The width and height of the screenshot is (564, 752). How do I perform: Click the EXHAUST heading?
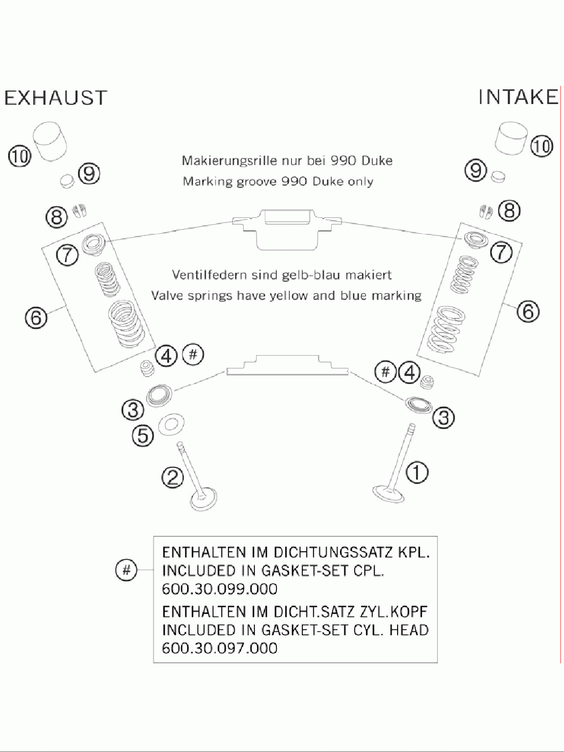pos(55,98)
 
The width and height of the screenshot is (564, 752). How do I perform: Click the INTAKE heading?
pos(518,97)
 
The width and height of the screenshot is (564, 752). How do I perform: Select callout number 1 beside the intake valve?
pos(417,472)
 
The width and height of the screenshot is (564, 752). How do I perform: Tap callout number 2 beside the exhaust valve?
pos(173,478)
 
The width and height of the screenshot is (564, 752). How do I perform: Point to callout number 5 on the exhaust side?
pos(143,435)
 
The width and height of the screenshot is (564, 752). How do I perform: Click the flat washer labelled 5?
pos(171,425)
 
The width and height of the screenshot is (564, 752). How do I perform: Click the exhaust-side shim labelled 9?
pos(67,181)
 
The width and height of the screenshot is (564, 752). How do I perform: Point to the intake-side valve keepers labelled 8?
pos(486,212)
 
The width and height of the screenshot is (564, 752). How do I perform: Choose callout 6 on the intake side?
pos(528,311)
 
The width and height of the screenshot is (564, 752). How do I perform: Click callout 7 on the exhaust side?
pos(67,255)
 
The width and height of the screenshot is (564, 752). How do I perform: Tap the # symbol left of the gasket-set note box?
pos(126,570)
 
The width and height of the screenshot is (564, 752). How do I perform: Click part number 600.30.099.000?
pos(219,589)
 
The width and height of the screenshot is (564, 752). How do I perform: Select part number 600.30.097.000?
pos(219,648)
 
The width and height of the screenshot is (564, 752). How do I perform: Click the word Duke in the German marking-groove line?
pos(376,160)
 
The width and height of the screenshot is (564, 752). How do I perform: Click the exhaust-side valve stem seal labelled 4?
pos(147,369)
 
